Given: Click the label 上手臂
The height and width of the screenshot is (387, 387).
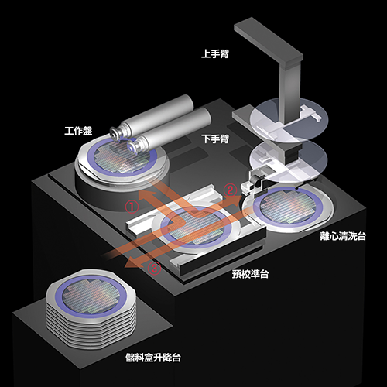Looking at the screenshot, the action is (x=215, y=54).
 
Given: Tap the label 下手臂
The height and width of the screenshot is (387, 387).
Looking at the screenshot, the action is (x=216, y=139).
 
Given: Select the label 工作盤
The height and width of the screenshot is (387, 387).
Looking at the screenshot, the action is (x=78, y=131).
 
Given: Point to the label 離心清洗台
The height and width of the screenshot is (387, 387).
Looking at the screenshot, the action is (x=343, y=236).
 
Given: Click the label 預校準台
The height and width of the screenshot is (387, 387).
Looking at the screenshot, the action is (x=250, y=274).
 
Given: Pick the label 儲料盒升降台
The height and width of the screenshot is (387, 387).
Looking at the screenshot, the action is (x=153, y=358).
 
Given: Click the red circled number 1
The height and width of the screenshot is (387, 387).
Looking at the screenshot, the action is (x=132, y=207).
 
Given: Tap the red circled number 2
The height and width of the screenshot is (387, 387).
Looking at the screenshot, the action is (x=230, y=190).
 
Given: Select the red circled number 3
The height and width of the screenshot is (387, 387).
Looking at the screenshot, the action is (x=154, y=269).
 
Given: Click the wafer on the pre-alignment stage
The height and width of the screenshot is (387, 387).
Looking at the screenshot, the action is (x=196, y=227).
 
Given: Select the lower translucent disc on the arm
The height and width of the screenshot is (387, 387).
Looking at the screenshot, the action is (x=289, y=161).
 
